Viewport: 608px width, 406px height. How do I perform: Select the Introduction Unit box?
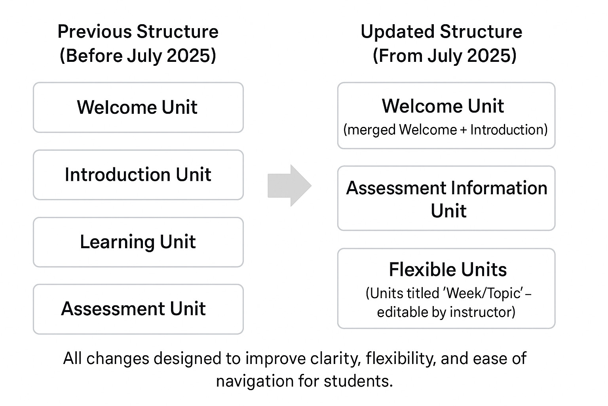pyautogui.click(x=138, y=175)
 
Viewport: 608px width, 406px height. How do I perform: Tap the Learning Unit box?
pyautogui.click(x=138, y=242)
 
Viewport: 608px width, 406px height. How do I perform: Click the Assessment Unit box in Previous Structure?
pyautogui.click(x=138, y=309)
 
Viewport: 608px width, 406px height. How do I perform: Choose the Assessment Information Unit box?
pyautogui.click(x=446, y=198)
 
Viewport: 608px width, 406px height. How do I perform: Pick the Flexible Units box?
pyautogui.click(x=446, y=288)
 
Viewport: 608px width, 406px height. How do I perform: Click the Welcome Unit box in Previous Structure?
pyautogui.click(x=138, y=107)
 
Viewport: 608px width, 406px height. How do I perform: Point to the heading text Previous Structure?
pyautogui.click(x=138, y=32)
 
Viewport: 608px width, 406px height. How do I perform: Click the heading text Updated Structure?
pyautogui.click(x=441, y=32)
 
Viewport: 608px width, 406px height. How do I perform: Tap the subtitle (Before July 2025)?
pyautogui.click(x=138, y=56)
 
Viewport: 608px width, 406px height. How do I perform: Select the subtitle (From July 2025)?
pyautogui.click(x=445, y=56)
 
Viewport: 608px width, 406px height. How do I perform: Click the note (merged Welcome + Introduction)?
pyautogui.click(x=445, y=130)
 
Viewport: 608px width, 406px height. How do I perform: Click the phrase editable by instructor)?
pyautogui.click(x=446, y=312)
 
